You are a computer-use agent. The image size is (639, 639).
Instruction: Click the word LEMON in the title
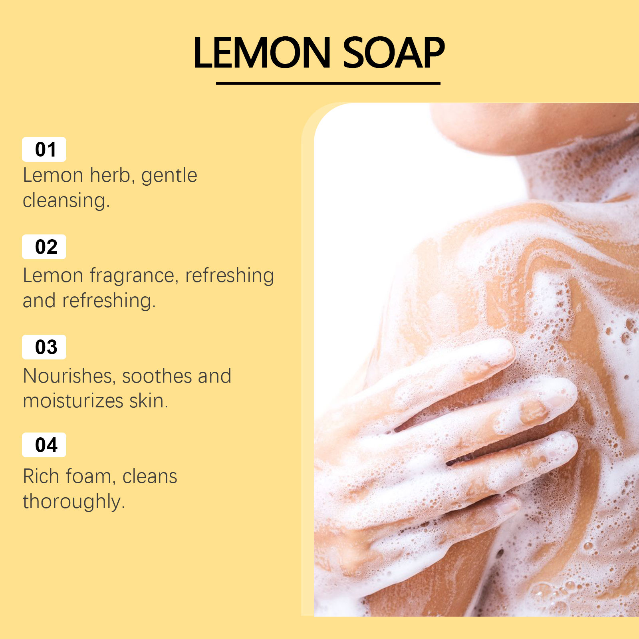262,53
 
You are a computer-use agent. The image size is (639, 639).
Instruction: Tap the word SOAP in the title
393,53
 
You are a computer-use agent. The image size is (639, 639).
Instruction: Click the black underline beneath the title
328,83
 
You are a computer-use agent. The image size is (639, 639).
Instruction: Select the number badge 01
44,149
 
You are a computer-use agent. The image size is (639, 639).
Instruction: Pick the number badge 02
44,247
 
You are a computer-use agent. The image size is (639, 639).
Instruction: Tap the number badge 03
44,347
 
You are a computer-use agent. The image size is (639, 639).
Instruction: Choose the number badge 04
44,445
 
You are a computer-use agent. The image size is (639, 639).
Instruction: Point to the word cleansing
66,201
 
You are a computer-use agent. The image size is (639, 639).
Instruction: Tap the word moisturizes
73,401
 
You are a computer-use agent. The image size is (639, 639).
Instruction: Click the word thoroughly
73,502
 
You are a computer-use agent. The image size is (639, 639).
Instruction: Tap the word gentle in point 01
169,176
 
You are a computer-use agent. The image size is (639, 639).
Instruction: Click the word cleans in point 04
150,476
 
